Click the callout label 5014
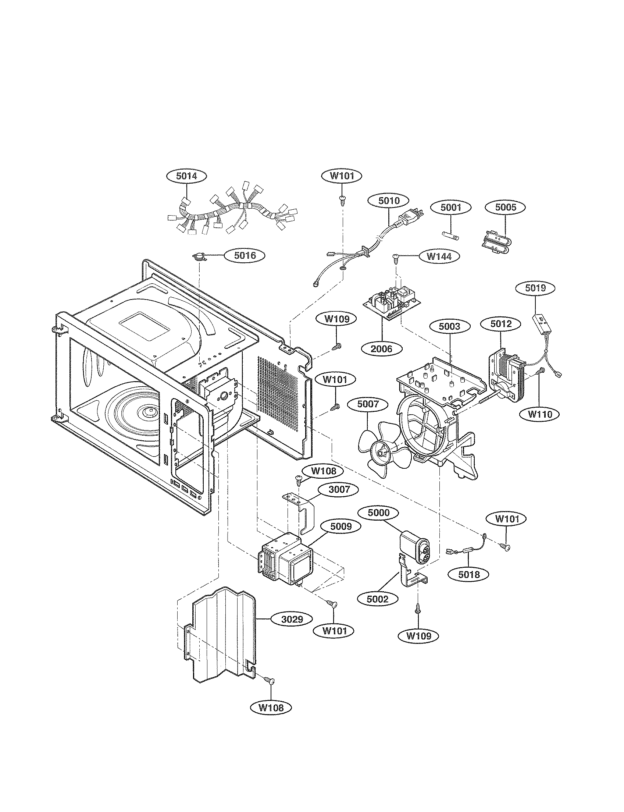coord(186,176)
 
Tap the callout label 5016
coord(245,255)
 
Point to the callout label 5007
coord(368,404)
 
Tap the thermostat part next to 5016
coord(200,256)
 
